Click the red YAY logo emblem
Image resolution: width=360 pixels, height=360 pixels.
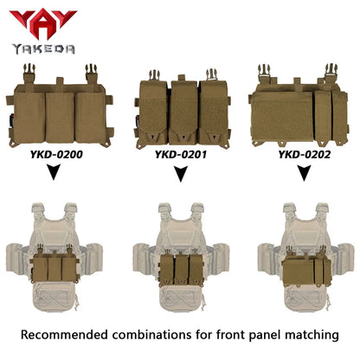[42, 23]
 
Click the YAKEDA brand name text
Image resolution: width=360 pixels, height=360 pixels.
[43, 49]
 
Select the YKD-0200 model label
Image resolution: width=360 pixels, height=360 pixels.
[56, 155]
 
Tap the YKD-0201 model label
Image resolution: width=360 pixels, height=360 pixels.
[181, 155]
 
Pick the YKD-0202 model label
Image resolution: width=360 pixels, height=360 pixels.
[305, 155]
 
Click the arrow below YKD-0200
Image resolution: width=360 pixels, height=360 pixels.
[54, 171]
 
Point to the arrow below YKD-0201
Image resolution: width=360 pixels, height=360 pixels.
[181, 174]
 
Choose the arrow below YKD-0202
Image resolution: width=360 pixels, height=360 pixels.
[304, 173]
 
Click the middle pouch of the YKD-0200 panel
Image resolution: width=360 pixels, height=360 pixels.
[60, 118]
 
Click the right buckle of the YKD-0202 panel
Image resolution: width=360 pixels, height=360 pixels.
[331, 73]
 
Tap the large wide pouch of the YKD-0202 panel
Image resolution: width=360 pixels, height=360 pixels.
[282, 116]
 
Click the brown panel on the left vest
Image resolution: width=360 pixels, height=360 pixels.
[55, 267]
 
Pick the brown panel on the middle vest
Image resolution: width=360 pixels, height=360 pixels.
[181, 269]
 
